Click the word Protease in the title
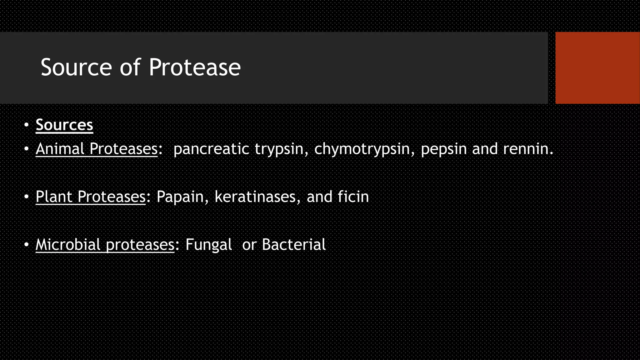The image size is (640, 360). click(x=194, y=67)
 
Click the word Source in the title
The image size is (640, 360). click(x=76, y=67)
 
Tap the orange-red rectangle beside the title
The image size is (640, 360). click(x=597, y=67)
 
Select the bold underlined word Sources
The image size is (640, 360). click(x=64, y=125)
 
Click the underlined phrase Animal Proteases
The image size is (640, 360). click(x=96, y=149)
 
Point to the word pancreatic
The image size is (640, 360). click(x=211, y=149)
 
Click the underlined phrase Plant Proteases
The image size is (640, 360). click(x=91, y=197)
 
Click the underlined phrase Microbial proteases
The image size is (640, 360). click(x=105, y=245)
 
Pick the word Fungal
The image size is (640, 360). click(x=208, y=245)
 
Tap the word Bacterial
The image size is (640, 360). click(x=294, y=244)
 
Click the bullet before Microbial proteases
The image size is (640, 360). click(x=26, y=245)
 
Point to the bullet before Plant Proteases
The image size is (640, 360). click(x=26, y=197)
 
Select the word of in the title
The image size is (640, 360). click(x=130, y=67)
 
